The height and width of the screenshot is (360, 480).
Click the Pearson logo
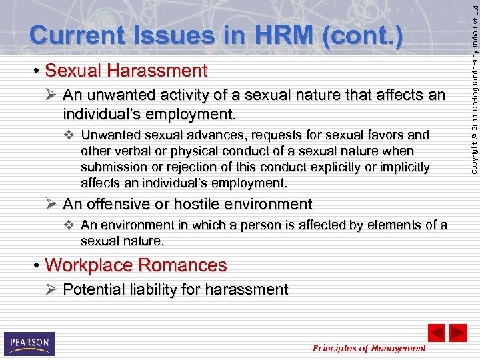(x=29, y=343)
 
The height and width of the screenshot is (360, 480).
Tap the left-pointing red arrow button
(x=436, y=333)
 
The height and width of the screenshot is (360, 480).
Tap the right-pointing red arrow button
(x=459, y=333)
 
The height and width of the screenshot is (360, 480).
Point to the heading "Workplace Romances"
(x=135, y=265)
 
